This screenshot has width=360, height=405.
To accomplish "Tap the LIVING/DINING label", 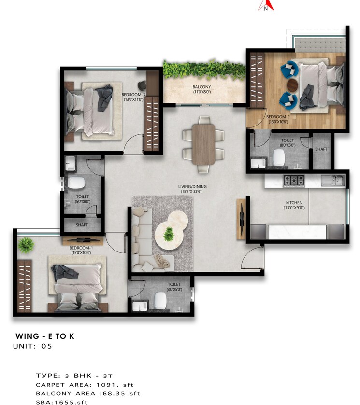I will [x=192, y=189].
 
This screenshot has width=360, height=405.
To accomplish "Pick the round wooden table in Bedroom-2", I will [x=293, y=85].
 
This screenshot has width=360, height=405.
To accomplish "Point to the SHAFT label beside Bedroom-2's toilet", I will [x=321, y=150].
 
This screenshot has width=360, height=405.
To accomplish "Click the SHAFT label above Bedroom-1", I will [x=82, y=225].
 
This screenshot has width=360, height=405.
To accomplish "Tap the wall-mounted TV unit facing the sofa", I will [x=241, y=220].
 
